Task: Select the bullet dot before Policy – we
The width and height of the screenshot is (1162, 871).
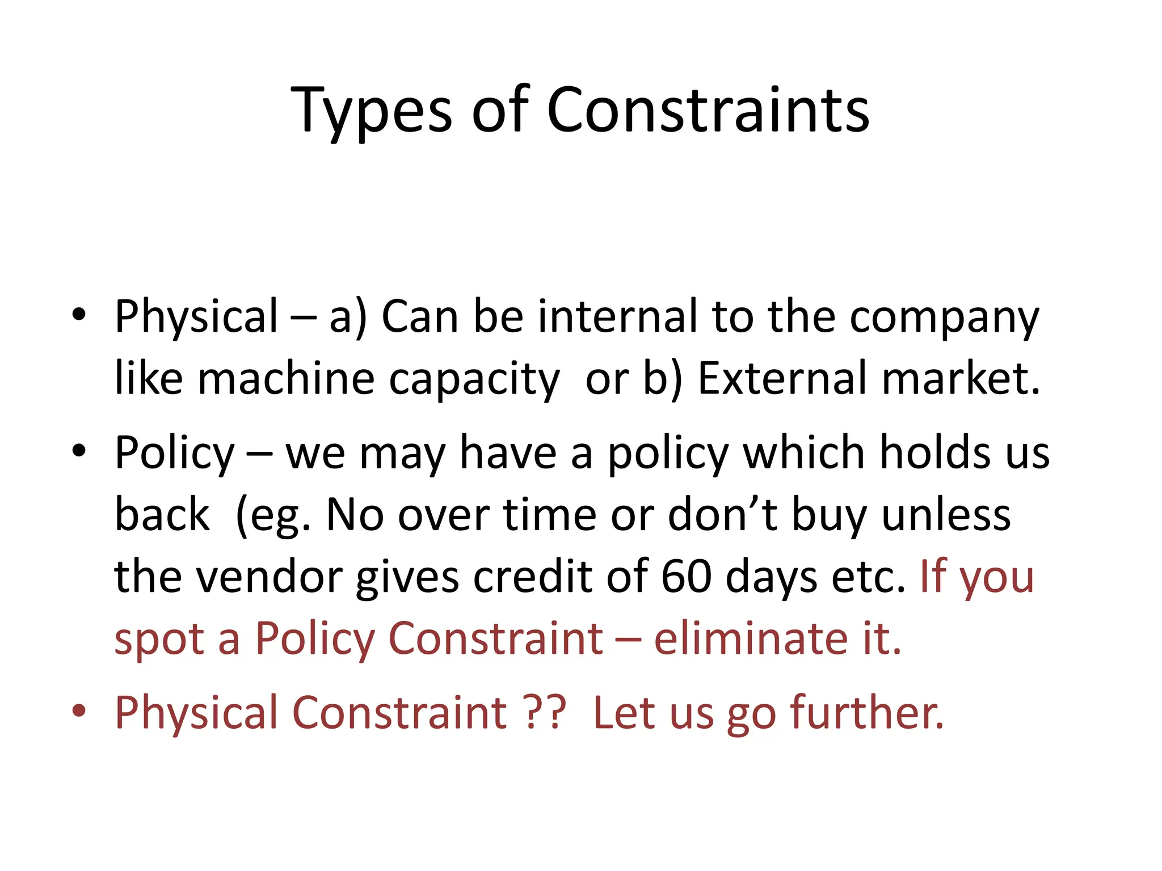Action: point(79,450)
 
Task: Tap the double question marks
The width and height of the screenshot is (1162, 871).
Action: point(545,712)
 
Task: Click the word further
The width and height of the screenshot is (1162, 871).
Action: point(867,712)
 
